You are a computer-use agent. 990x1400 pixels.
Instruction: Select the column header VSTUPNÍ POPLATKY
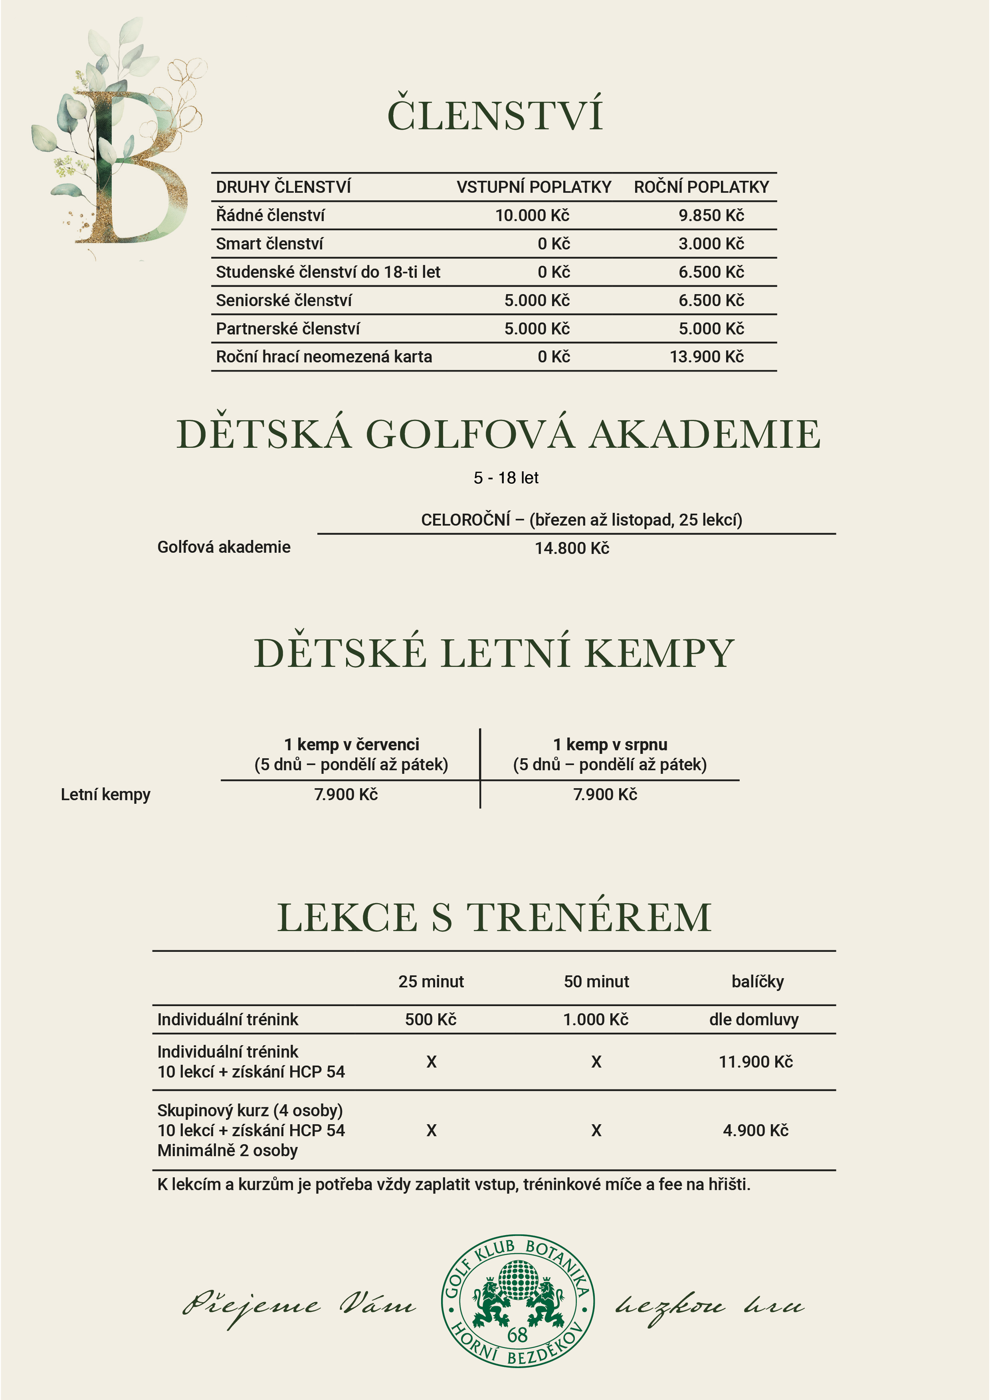(534, 187)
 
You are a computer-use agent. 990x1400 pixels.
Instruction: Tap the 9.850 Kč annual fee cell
(711, 215)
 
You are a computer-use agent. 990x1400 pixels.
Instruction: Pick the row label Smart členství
(269, 244)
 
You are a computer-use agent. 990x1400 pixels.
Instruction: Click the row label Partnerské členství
(288, 329)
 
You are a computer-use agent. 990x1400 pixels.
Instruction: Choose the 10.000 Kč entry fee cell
(532, 215)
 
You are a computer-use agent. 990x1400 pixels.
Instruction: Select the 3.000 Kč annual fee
(711, 244)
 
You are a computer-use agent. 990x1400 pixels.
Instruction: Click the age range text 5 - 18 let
(506, 478)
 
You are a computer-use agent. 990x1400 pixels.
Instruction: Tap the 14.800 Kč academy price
(572, 548)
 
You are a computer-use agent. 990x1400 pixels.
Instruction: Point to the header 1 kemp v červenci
(351, 745)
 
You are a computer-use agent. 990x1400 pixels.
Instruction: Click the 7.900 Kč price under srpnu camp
(605, 795)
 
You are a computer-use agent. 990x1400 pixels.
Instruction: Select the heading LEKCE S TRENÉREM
(495, 918)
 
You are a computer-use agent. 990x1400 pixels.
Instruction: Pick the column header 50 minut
(596, 982)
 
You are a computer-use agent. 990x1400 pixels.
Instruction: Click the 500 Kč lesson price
(431, 1020)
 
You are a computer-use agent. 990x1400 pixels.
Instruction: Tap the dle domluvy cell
(754, 1020)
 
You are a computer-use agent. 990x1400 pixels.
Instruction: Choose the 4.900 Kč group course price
(756, 1131)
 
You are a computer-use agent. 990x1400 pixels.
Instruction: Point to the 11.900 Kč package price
(756, 1062)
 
